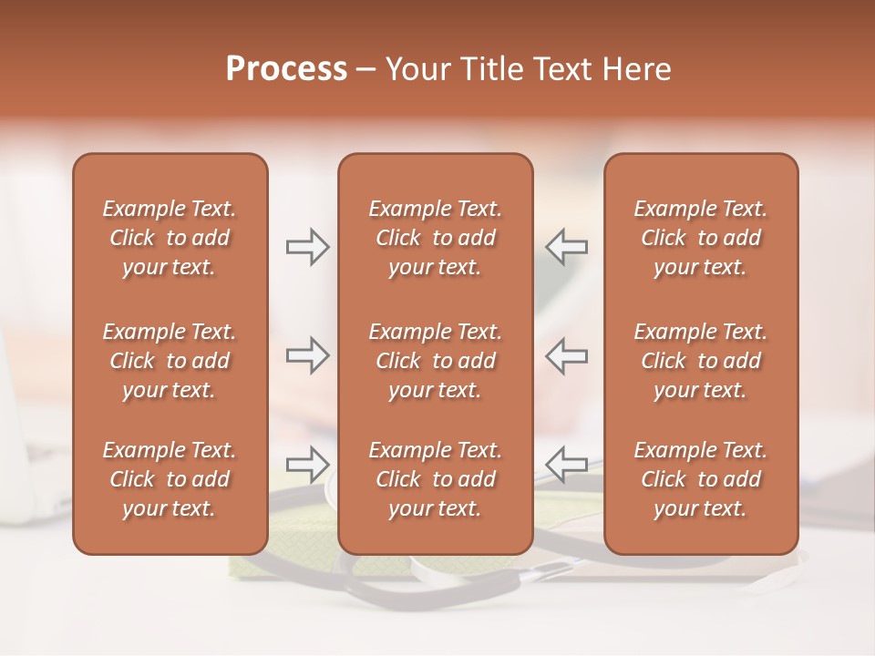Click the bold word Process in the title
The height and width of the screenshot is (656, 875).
286,69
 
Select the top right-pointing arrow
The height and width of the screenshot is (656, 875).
307,247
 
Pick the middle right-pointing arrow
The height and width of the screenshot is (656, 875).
307,355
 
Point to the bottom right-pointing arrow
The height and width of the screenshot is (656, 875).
307,464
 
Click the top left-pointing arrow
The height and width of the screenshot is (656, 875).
567,247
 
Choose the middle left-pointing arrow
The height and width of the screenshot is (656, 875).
567,355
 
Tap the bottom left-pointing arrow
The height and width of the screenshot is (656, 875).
567,464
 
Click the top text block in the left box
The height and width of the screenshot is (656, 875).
170,238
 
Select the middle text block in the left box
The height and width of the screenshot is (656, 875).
170,361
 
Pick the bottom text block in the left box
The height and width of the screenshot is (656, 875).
170,479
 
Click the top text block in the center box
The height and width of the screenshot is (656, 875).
435,238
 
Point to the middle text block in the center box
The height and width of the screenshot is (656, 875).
435,361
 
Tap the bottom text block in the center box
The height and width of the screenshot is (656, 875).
435,479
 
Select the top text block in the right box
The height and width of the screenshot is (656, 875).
701,238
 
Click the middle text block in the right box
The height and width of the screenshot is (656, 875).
701,361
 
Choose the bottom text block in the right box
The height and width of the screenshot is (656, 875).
701,479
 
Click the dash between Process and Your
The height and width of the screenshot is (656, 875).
366,70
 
